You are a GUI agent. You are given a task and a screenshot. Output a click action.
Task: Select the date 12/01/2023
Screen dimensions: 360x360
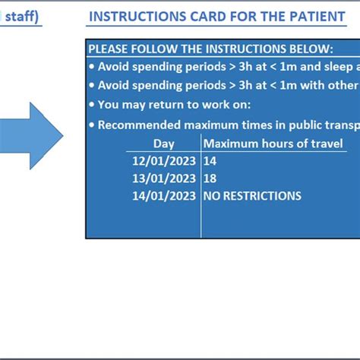[x=163, y=161]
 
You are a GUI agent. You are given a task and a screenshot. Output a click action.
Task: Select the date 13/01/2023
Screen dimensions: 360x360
[x=163, y=178]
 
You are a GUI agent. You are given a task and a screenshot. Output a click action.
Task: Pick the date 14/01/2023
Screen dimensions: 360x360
[x=163, y=196]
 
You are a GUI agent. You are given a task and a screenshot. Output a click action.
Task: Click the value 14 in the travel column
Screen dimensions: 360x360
[x=210, y=161]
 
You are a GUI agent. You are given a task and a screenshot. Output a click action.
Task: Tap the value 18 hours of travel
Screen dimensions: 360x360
[x=210, y=178]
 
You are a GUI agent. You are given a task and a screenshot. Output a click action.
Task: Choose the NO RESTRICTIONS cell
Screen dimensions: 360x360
[x=251, y=196]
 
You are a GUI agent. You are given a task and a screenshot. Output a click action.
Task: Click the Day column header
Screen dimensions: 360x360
[x=163, y=144]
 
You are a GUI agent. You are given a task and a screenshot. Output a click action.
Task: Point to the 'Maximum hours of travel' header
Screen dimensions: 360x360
[x=273, y=144]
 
